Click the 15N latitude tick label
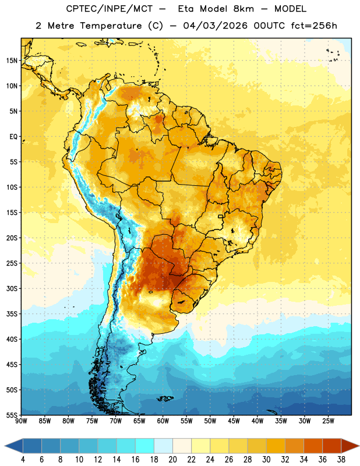pyautogui.click(x=12, y=61)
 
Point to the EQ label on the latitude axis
pyautogui.click(x=13, y=137)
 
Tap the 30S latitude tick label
pyautogui.click(x=12, y=288)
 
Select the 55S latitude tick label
pyautogui.click(x=12, y=415)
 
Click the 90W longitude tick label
pyautogui.click(x=21, y=421)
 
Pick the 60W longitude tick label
pyautogui.click(x=163, y=421)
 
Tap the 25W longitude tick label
pyautogui.click(x=328, y=421)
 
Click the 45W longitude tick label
pyautogui.click(x=234, y=421)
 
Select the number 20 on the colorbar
pyautogui.click(x=172, y=460)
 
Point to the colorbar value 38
pyautogui.click(x=341, y=460)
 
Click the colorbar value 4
pyautogui.click(x=23, y=460)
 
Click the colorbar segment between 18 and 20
pyautogui.click(x=163, y=446)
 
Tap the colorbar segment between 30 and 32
pyautogui.click(x=276, y=446)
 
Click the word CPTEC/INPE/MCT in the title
pyautogui.click(x=109, y=9)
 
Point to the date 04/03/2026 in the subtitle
pyautogui.click(x=215, y=26)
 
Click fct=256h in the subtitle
pyautogui.click(x=314, y=26)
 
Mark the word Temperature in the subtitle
pyautogui.click(x=111, y=26)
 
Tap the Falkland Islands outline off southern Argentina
pyautogui.click(x=165, y=398)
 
